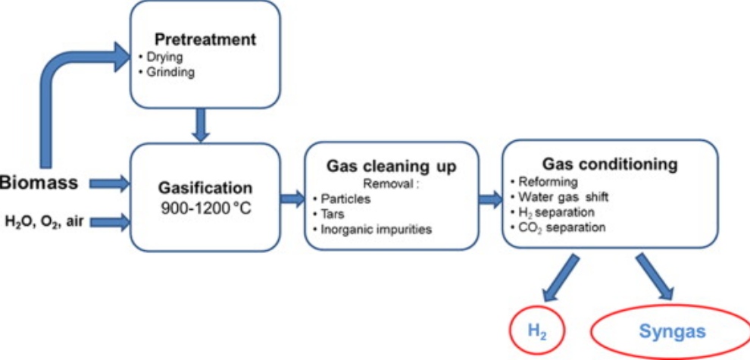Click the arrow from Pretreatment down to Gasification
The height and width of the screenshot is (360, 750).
pyautogui.click(x=201, y=124)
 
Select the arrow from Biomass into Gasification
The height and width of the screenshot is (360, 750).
pyautogui.click(x=110, y=183)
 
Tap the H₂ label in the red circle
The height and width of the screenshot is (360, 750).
pyautogui.click(x=536, y=330)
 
